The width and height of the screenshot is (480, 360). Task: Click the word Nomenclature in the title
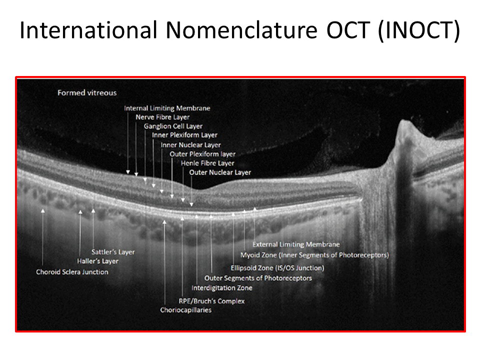(241, 30)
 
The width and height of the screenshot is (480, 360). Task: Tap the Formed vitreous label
(87, 93)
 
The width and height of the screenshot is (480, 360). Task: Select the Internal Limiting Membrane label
(167, 108)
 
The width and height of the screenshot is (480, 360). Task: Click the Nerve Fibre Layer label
(162, 117)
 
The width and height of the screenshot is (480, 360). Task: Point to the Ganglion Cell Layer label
(173, 126)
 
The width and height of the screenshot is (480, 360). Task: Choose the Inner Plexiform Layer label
(184, 135)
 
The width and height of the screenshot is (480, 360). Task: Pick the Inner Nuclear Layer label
(190, 145)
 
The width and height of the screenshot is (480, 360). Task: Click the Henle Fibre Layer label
(207, 163)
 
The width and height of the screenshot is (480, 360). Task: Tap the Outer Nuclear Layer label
(220, 172)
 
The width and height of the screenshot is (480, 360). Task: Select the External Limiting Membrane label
(296, 244)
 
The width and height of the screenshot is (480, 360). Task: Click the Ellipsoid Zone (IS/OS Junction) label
(277, 268)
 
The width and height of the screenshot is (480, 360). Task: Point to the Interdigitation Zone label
(222, 288)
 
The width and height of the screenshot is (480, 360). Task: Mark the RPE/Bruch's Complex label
(212, 301)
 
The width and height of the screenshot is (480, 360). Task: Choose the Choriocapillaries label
(186, 310)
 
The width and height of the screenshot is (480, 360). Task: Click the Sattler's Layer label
(113, 252)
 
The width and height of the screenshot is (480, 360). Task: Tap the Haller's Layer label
(97, 261)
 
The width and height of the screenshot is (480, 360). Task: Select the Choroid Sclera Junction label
(72, 272)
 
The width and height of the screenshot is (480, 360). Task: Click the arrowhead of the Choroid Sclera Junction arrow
(43, 210)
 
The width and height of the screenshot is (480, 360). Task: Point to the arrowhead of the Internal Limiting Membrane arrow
(128, 172)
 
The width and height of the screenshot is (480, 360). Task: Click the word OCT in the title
(348, 30)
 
